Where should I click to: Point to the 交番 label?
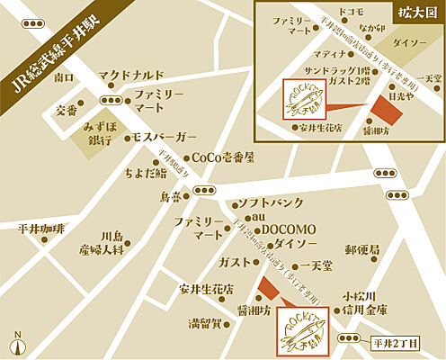click(67, 111)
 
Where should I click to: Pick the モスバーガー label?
click(164, 136)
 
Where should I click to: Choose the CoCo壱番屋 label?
click(222, 157)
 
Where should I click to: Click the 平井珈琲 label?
click(41, 229)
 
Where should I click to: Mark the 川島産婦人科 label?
click(99, 241)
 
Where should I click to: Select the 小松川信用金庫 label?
click(364, 302)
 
